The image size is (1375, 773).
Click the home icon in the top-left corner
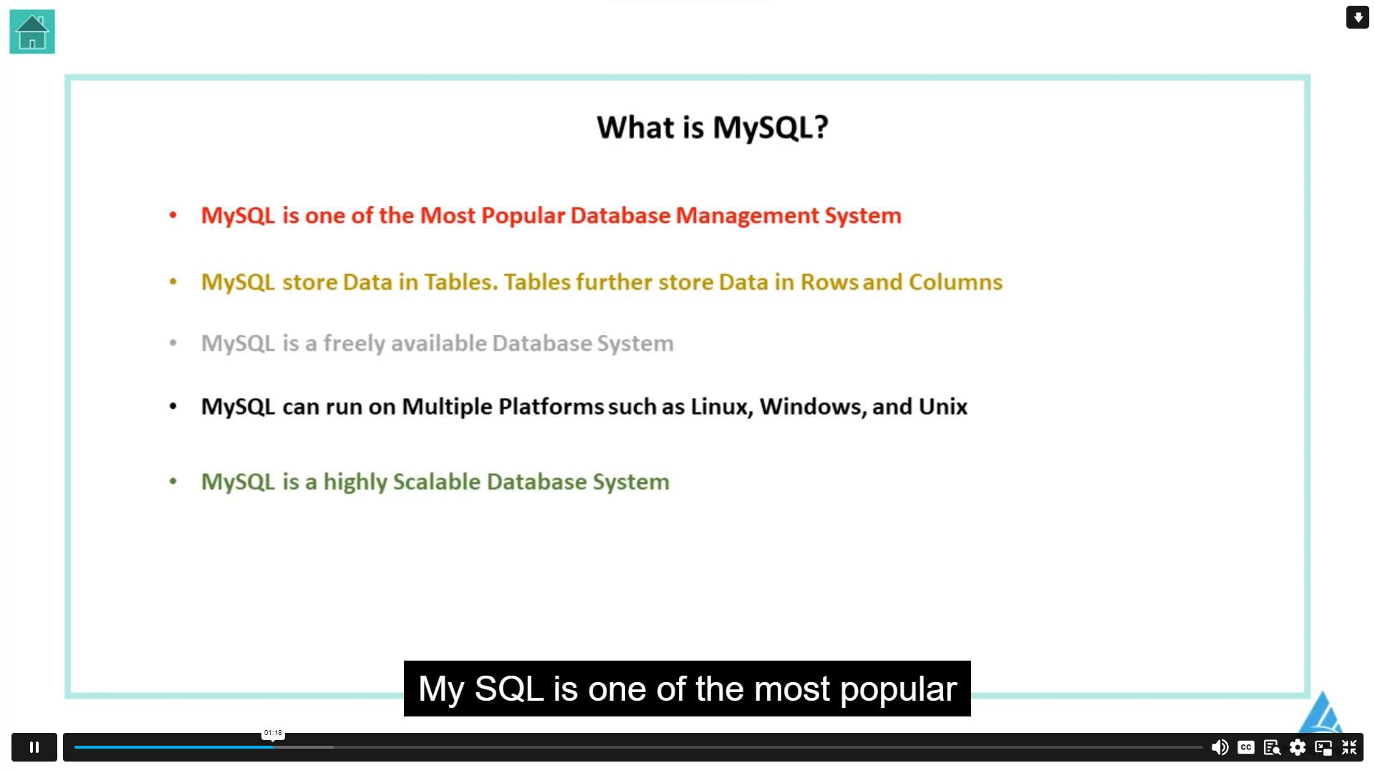[32, 31]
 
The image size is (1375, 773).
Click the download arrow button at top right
[1358, 17]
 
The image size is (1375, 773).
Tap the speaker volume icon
[1220, 747]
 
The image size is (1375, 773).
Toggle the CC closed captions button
[1246, 747]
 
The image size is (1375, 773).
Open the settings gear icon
[1298, 747]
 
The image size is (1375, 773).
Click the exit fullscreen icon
[1349, 747]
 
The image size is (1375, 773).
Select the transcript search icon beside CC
[1272, 747]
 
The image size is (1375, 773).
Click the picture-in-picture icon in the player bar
[1323, 747]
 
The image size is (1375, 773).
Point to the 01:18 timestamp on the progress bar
[273, 733]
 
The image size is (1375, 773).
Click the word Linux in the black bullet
[721, 407]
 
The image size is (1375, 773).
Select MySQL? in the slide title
[771, 127]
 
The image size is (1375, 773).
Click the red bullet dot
[173, 215]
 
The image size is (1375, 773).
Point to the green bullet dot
[173, 482]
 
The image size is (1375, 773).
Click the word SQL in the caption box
[509, 689]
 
